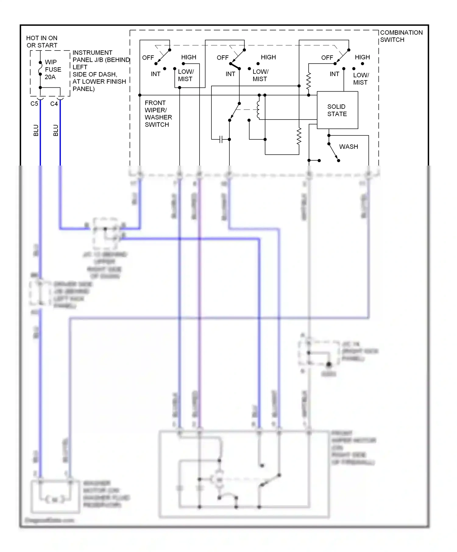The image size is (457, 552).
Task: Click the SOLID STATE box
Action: click(x=337, y=110)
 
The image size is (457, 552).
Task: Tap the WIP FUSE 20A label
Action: click(x=53, y=69)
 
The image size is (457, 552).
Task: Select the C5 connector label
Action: click(x=34, y=104)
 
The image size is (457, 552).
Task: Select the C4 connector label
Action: click(x=54, y=104)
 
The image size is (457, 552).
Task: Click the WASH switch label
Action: click(x=349, y=147)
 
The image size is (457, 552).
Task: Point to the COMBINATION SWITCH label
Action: click(x=401, y=36)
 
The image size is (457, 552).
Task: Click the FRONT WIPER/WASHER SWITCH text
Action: click(x=158, y=114)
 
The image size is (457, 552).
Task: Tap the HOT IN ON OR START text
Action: click(x=42, y=42)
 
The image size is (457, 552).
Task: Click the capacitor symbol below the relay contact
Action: click(x=221, y=139)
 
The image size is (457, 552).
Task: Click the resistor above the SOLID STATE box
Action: click(x=308, y=81)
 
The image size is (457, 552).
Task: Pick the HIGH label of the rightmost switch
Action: click(x=362, y=57)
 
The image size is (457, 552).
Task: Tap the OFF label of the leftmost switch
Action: click(x=148, y=58)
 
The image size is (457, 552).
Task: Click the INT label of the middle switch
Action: click(x=230, y=74)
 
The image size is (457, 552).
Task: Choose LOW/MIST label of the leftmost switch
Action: click(x=186, y=75)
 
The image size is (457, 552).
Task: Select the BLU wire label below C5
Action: click(x=36, y=130)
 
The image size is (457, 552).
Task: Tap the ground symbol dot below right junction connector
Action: click(x=329, y=364)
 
